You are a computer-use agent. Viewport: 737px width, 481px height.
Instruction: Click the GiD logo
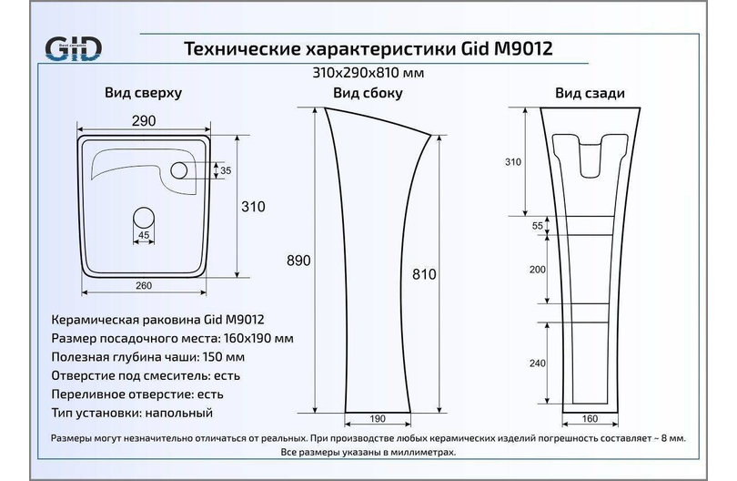[73, 48]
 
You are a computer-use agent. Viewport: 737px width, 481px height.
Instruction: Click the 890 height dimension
[298, 261]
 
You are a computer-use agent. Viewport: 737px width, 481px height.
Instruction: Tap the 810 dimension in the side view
[424, 274]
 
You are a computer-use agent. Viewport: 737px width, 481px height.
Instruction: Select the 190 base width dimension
[378, 418]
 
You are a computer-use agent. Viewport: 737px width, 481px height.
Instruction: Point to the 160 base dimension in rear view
[590, 418]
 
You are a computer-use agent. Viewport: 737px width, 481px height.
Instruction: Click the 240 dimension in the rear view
[538, 363]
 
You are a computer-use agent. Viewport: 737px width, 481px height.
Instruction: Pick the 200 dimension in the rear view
[538, 270]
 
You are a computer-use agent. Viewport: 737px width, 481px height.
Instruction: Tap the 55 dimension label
[538, 225]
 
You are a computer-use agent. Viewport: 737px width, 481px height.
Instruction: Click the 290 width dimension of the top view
[144, 121]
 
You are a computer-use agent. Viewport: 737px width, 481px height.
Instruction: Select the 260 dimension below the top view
[144, 285]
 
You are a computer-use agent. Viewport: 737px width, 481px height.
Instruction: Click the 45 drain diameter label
[144, 235]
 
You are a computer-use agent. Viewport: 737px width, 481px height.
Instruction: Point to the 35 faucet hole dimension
[226, 170]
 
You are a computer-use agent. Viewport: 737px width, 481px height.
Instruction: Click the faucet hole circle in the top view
[179, 170]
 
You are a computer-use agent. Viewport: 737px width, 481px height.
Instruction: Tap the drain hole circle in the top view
[144, 218]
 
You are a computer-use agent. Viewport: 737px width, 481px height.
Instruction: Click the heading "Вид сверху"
[143, 93]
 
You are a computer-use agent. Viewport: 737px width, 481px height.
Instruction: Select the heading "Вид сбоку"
[368, 93]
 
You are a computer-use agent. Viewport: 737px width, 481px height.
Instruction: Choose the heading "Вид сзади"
[590, 93]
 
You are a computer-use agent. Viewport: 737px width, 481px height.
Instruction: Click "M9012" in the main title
[522, 48]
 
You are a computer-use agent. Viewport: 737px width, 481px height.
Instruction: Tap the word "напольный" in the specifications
[179, 414]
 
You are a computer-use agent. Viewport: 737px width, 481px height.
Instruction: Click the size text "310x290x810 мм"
[368, 73]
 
